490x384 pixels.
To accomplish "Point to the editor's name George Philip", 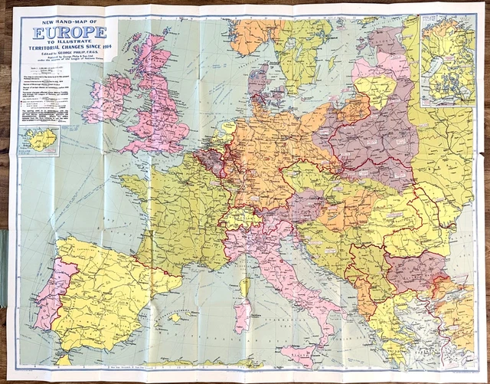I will click(x=73, y=52).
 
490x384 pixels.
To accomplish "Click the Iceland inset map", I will click(x=38, y=141).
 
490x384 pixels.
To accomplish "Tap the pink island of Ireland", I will click(x=108, y=99).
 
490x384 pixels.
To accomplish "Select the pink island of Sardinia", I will click(x=243, y=314).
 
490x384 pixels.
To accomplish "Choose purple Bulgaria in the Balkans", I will click(x=414, y=273).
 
